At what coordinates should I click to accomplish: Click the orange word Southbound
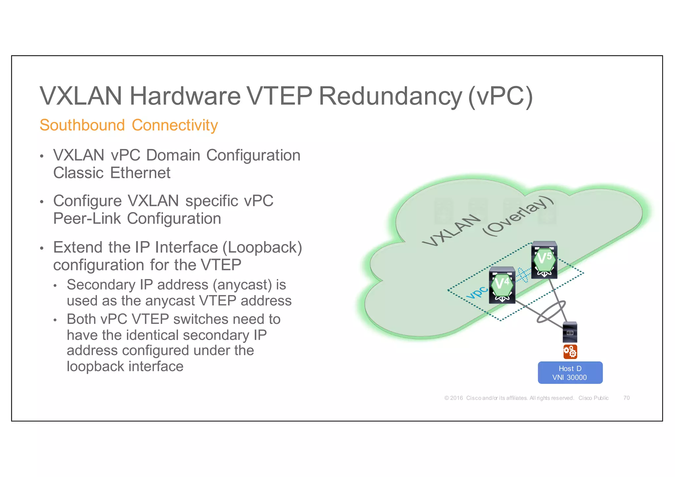point(82,125)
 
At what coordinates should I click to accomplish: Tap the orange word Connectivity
point(175,125)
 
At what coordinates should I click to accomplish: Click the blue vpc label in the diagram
point(477,293)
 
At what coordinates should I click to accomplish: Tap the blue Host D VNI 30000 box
point(570,373)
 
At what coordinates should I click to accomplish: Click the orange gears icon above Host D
point(570,351)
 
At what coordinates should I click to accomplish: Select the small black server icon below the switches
point(570,332)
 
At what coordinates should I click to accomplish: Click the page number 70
point(626,398)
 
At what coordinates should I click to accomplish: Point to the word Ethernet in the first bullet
point(140,173)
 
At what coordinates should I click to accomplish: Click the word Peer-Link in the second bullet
point(87,218)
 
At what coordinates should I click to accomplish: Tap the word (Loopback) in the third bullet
point(262,247)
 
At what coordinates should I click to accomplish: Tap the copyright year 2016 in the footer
point(456,398)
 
